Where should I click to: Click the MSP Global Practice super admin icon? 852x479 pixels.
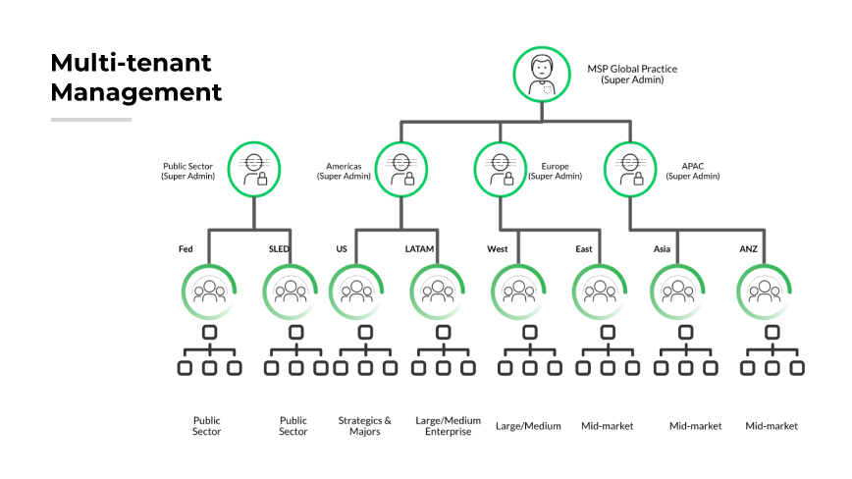pyautogui.click(x=540, y=75)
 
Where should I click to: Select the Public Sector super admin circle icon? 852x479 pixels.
pyautogui.click(x=254, y=168)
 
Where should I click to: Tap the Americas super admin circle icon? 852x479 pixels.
pyautogui.click(x=401, y=168)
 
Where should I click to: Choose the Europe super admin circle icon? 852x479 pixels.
pyautogui.click(x=500, y=168)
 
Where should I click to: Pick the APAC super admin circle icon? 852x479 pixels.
pyautogui.click(x=629, y=168)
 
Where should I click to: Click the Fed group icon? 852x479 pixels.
pyautogui.click(x=209, y=291)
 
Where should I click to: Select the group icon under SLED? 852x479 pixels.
pyautogui.click(x=292, y=291)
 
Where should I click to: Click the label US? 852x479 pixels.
pyautogui.click(x=342, y=249)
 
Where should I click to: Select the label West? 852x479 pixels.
pyautogui.click(x=497, y=249)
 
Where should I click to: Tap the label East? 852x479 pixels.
pyautogui.click(x=583, y=249)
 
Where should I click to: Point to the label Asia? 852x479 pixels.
pyautogui.click(x=662, y=249)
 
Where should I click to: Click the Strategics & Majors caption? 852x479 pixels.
pyautogui.click(x=364, y=426)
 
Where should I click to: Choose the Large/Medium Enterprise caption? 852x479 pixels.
pyautogui.click(x=449, y=426)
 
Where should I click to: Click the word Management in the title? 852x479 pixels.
pyautogui.click(x=135, y=93)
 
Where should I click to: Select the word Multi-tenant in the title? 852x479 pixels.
pyautogui.click(x=131, y=64)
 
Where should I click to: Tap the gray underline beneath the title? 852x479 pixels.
pyautogui.click(x=91, y=120)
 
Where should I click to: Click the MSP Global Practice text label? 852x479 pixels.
pyautogui.click(x=632, y=69)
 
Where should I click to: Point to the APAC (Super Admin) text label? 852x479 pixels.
pyautogui.click(x=693, y=171)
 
